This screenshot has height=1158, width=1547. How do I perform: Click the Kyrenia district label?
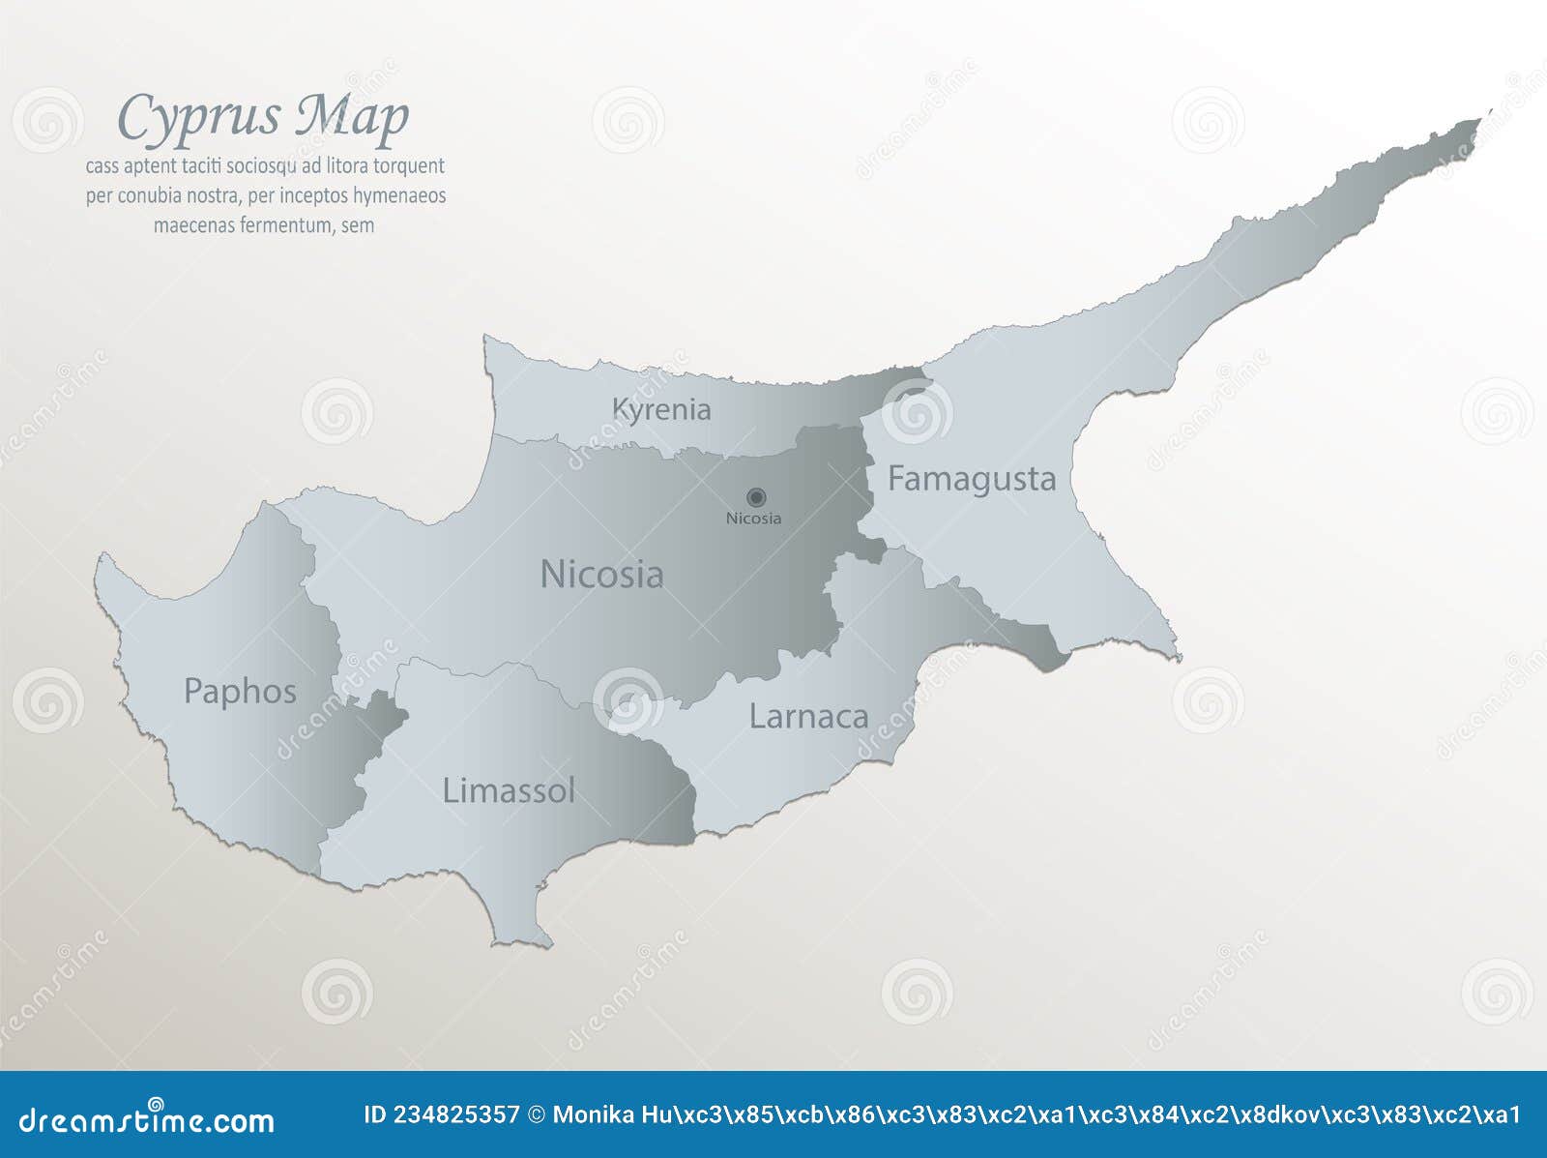coord(661,409)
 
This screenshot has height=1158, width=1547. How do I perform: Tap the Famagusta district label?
coord(971,479)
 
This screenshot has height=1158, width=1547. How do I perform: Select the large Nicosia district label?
coord(601,575)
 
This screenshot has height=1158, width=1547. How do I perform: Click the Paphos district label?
coord(240,692)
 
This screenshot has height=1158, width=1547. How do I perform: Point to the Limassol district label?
coord(509,791)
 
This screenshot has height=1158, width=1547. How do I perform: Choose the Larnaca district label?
coord(808,717)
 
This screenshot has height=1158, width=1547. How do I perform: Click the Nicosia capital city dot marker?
coord(756,497)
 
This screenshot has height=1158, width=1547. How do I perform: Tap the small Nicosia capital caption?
coord(753,519)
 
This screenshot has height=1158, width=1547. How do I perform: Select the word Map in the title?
coord(352,117)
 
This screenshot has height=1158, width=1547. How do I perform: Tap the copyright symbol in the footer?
coord(537,1115)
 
